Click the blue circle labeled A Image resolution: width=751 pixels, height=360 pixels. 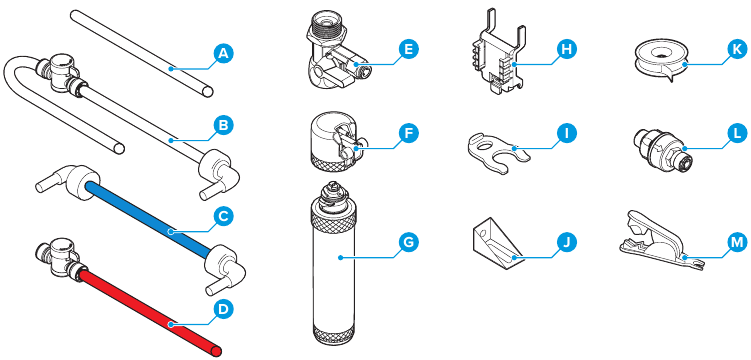tap(222, 54)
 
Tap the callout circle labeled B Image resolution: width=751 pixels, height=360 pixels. tap(222, 126)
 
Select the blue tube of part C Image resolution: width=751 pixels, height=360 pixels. tap(148, 218)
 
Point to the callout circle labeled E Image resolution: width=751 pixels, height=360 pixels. tap(408, 49)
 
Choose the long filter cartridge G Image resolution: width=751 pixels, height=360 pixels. tap(334, 264)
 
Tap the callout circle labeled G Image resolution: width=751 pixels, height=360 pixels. tap(408, 243)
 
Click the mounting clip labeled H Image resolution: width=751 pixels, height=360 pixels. tap(496, 56)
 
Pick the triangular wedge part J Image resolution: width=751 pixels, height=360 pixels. tap(497, 242)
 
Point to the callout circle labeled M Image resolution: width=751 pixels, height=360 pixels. tap(735, 243)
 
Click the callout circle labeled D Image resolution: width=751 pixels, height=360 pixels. tap(222, 310)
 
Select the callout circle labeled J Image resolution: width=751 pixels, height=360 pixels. tap(567, 243)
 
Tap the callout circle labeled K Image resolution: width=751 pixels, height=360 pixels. tap(735, 49)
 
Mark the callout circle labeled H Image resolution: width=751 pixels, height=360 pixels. tap(567, 49)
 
